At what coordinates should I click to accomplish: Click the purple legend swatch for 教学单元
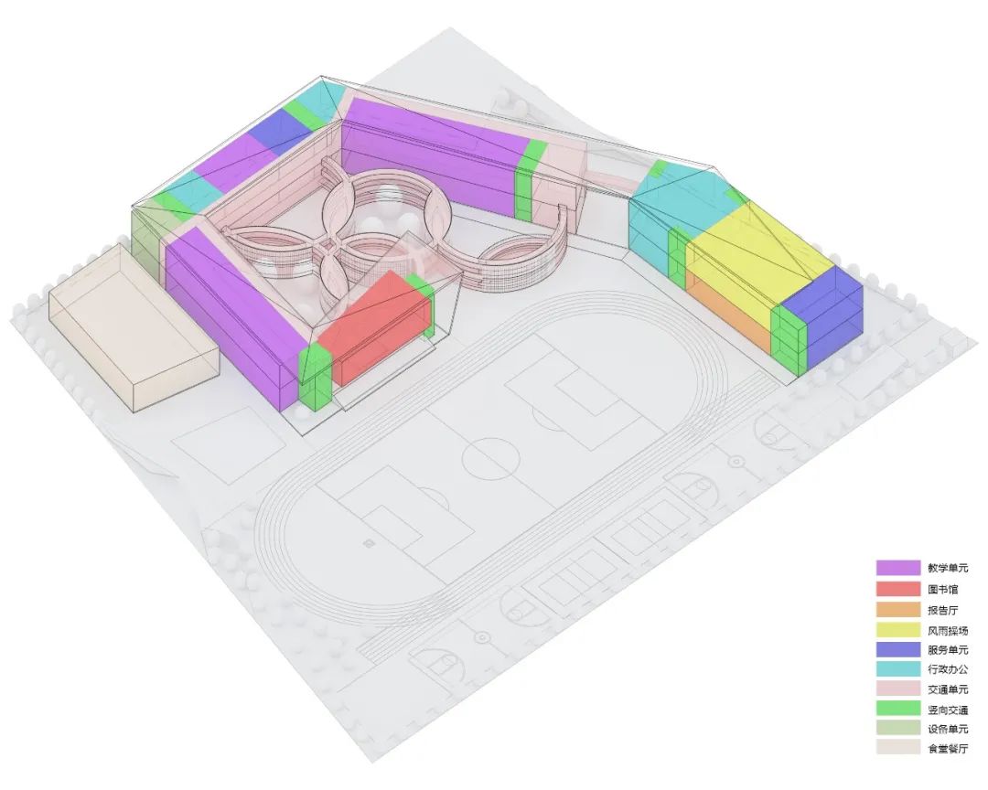tap(898, 567)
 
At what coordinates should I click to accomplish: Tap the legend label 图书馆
tap(942, 589)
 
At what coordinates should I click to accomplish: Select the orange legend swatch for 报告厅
tap(898, 609)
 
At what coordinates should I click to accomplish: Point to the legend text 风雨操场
tap(948, 630)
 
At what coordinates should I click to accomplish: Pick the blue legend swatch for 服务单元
tap(898, 649)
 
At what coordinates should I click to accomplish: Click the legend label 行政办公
tap(948, 669)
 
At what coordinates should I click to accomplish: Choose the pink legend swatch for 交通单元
tap(898, 689)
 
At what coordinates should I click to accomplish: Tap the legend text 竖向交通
tap(948, 710)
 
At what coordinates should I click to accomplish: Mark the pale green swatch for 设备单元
tap(898, 728)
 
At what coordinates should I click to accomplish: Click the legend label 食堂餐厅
tap(948, 749)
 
